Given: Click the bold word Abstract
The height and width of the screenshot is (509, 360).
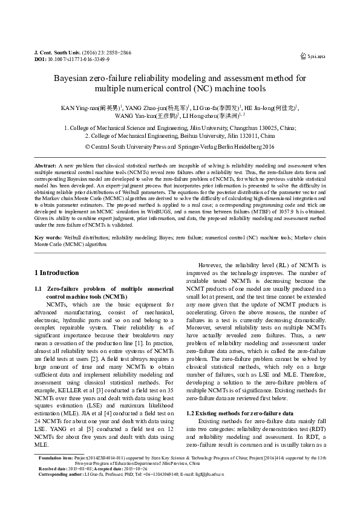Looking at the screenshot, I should click(x=45, y=165).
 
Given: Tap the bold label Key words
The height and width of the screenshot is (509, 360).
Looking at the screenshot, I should click(x=48, y=239).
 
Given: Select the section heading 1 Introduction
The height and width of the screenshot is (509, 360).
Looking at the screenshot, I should click(x=57, y=273).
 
